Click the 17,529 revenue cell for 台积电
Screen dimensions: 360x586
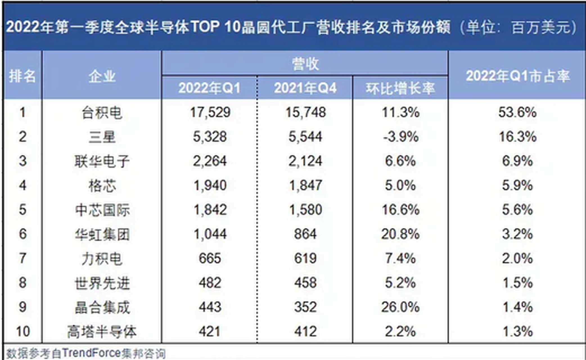(210, 112)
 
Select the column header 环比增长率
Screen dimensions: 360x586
(400, 88)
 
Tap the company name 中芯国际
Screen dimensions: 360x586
(102, 210)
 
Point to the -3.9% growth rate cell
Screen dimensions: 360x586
(400, 137)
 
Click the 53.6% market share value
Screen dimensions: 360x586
(517, 112)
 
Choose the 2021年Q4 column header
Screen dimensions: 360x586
(305, 88)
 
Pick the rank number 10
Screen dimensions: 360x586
(23, 331)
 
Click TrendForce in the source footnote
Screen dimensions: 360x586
(91, 353)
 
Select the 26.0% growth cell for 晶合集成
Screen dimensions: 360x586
(400, 307)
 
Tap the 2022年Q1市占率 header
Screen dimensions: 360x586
(517, 76)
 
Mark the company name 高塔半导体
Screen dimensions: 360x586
(102, 331)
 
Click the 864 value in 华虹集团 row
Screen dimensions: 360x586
(305, 234)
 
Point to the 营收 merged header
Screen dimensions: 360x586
(305, 64)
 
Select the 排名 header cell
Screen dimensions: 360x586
(22, 76)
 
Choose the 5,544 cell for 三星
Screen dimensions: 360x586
(305, 137)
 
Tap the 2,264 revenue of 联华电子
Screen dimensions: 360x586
(210, 161)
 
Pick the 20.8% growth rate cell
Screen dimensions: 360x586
(400, 234)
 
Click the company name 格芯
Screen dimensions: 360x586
(102, 186)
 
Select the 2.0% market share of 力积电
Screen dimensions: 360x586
(517, 258)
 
